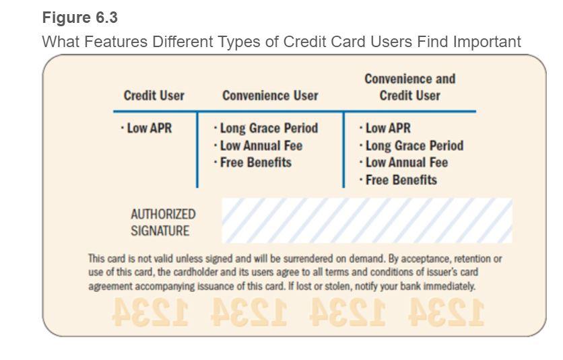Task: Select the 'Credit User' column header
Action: pyautogui.click(x=154, y=96)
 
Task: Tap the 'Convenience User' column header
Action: pyautogui.click(x=270, y=96)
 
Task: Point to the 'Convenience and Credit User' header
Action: pyautogui.click(x=409, y=87)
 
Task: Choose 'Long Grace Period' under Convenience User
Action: pyautogui.click(x=265, y=128)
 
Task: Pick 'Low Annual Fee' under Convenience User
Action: pyautogui.click(x=257, y=145)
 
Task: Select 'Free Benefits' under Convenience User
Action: pyautogui.click(x=253, y=162)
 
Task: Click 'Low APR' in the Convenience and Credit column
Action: pyautogui.click(x=385, y=128)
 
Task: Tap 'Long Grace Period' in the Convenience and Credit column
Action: pyautogui.click(x=411, y=145)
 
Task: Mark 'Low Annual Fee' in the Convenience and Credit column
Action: pyautogui.click(x=403, y=162)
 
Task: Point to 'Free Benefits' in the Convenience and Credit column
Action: pyautogui.click(x=399, y=180)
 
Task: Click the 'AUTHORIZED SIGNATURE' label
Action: pyautogui.click(x=163, y=223)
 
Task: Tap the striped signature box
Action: pyautogui.click(x=367, y=220)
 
